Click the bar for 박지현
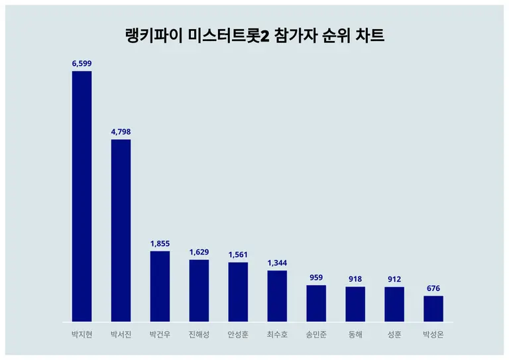(x=82, y=196)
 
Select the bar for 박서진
(x=121, y=231)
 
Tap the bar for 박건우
(x=160, y=286)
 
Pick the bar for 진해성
(x=199, y=290)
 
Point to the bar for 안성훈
(x=238, y=292)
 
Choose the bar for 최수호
(x=277, y=296)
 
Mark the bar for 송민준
(x=316, y=303)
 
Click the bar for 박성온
(x=433, y=308)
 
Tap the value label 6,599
(x=82, y=63)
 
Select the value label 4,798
(x=121, y=132)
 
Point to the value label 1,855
(x=160, y=243)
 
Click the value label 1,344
(x=277, y=263)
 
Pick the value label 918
(x=355, y=279)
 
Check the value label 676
(x=433, y=288)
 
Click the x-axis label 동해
(x=355, y=335)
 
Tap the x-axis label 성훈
(x=394, y=335)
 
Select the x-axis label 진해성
(x=199, y=335)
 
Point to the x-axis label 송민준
(x=316, y=335)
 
